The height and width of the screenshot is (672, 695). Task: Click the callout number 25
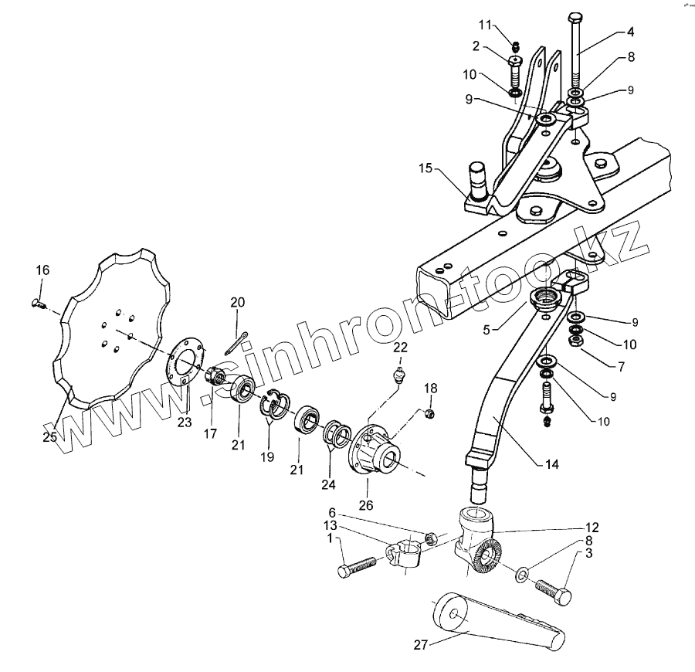pos(50,437)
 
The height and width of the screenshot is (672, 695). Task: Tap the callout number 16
pos(42,270)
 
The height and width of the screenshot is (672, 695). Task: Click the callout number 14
pos(551,465)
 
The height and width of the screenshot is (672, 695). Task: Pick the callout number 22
pos(399,347)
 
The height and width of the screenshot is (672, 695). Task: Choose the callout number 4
pos(630,32)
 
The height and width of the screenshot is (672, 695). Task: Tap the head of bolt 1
pos(344,572)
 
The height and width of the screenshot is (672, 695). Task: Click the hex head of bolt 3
pos(564,596)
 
